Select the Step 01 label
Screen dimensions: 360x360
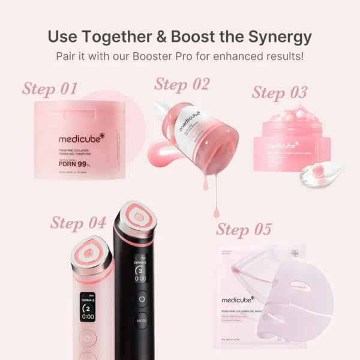50,89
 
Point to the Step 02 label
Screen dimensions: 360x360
182,84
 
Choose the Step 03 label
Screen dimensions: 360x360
280,92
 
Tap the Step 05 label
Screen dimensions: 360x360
244,229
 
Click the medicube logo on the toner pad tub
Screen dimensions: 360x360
82,139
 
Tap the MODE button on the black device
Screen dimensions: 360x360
142,321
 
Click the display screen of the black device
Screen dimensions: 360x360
140,272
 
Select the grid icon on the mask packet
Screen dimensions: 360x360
295,253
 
